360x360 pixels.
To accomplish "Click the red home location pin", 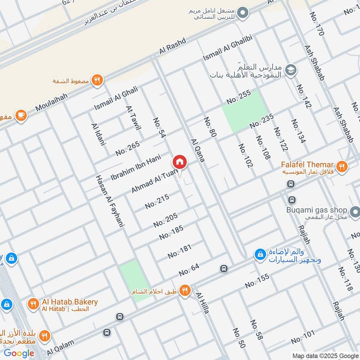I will (179, 162).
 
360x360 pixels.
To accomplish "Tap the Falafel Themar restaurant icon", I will (342, 166).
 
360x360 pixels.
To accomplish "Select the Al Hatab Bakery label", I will (69, 302).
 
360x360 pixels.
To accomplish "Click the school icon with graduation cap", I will (291, 70).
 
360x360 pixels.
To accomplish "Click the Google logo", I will (19, 353).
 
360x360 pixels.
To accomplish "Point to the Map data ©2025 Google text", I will (324, 355).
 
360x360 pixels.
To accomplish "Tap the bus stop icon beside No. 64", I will (224, 269).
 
